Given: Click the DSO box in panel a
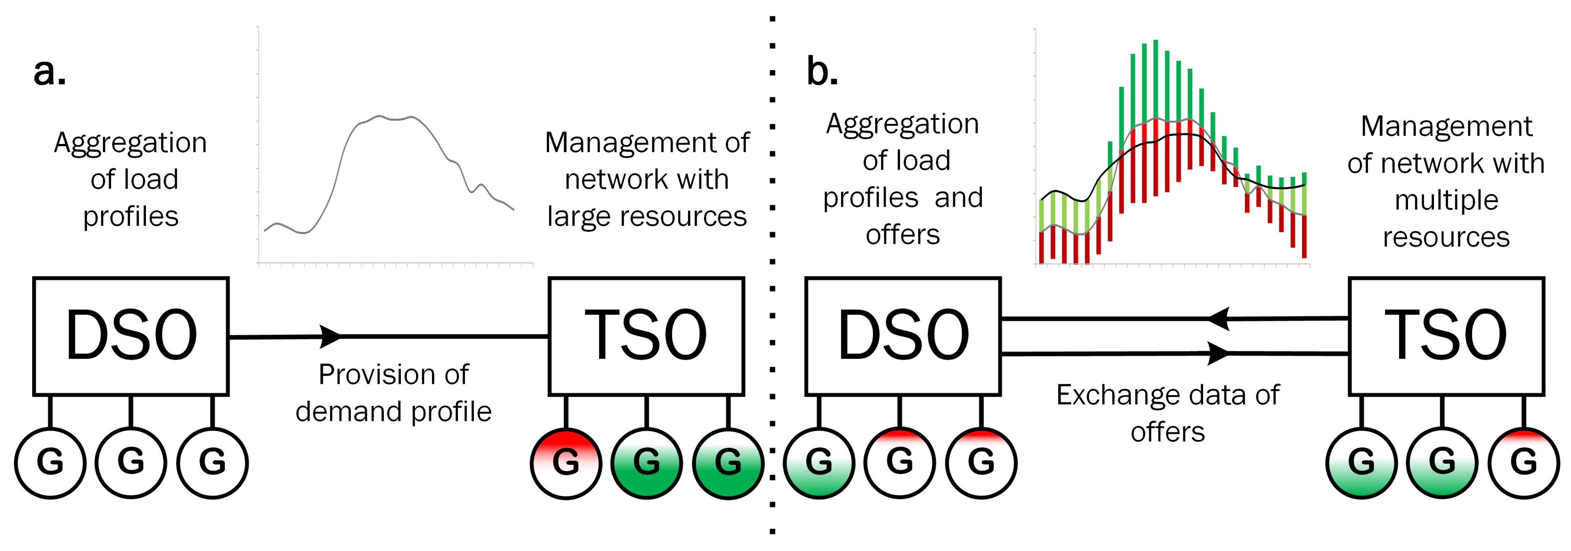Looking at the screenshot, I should tap(130, 336).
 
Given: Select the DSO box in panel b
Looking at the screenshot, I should tap(903, 336).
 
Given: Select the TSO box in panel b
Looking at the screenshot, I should tap(1446, 336).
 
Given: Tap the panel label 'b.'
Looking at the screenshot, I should tap(822, 71).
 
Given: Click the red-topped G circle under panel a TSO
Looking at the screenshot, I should tap(565, 463).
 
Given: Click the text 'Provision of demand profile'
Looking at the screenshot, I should tap(394, 393).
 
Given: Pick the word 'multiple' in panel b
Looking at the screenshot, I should tap(1446, 200).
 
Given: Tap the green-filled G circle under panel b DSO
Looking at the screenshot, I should tap(818, 463).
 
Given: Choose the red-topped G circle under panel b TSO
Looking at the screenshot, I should tap(1523, 463).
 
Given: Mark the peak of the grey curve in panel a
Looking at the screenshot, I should tap(379, 116).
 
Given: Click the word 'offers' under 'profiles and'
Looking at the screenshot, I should tap(903, 235).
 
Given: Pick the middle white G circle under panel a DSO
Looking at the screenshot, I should tap(130, 463).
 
